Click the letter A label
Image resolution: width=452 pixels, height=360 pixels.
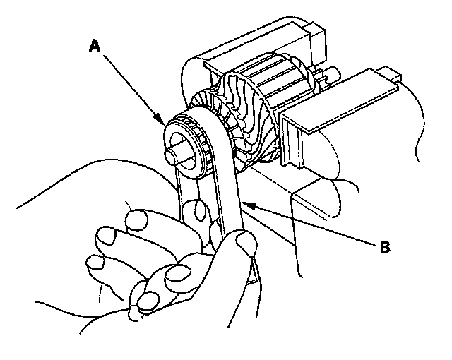[94, 46]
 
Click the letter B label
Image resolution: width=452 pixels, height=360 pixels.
[385, 248]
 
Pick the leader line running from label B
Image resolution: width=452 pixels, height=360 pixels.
[311, 225]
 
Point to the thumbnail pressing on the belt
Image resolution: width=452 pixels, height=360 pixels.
[245, 244]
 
